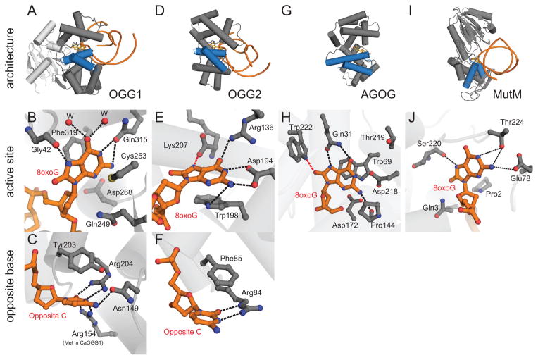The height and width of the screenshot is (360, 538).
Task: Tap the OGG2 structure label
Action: [255, 92]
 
